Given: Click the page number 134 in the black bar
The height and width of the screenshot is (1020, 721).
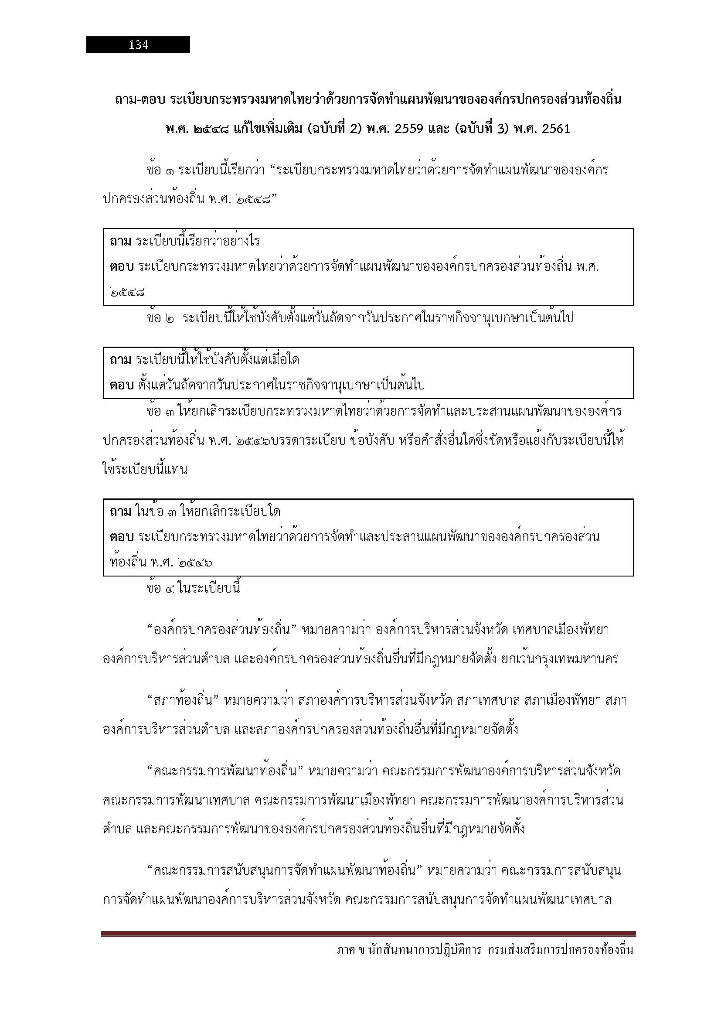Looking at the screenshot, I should pyautogui.click(x=138, y=45).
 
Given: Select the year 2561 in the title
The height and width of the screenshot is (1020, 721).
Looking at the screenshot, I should pyautogui.click(x=556, y=129).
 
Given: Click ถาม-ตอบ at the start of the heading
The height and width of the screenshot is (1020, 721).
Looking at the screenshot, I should pyautogui.click(x=139, y=99).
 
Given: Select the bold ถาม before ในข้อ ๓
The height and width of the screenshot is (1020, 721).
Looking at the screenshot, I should pyautogui.click(x=120, y=512).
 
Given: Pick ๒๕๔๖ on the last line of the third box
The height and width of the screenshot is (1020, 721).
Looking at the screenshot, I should pyautogui.click(x=195, y=563).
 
